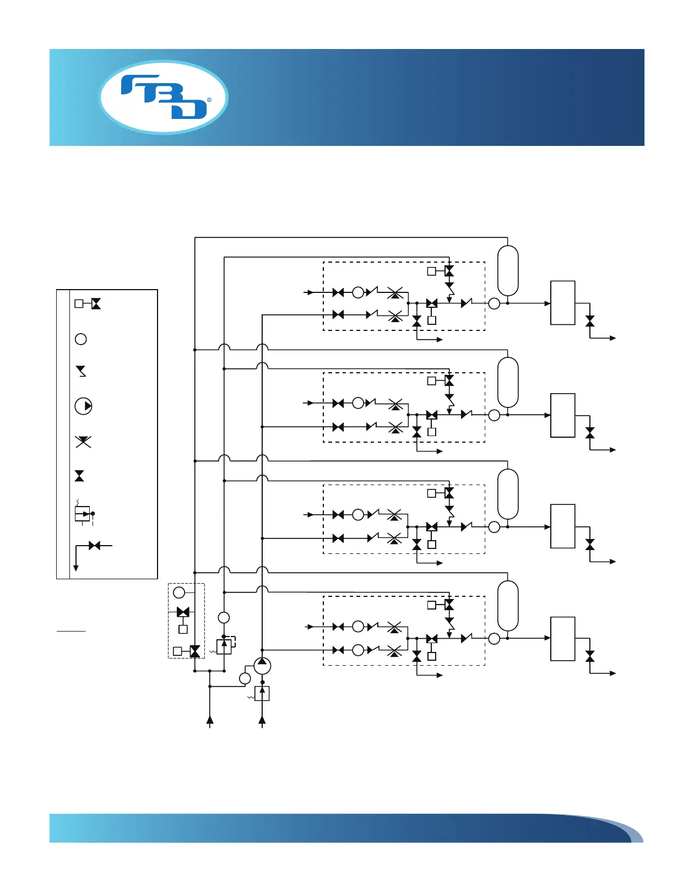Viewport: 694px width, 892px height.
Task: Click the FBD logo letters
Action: (164, 97)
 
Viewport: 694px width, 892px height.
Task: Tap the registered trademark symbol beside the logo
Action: (209, 100)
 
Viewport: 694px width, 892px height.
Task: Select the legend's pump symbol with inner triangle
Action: (83, 406)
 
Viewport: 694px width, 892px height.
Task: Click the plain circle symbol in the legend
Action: (81, 339)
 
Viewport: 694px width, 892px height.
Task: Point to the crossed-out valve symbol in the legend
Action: (83, 442)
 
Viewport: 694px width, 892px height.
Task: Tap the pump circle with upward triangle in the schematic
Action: (262, 665)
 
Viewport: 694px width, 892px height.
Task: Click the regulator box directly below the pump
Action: (262, 694)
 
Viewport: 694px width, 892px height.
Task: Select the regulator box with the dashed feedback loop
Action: (224, 646)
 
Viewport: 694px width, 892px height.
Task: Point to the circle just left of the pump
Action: (245, 678)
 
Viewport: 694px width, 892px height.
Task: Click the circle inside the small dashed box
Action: (179, 592)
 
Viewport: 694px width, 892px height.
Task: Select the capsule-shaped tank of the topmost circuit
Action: (508, 271)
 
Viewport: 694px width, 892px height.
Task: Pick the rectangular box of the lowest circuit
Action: (563, 639)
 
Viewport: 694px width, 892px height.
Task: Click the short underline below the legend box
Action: (71, 630)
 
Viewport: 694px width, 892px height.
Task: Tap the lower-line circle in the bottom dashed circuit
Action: (358, 650)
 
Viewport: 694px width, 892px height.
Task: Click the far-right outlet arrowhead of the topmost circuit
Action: (612, 338)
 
